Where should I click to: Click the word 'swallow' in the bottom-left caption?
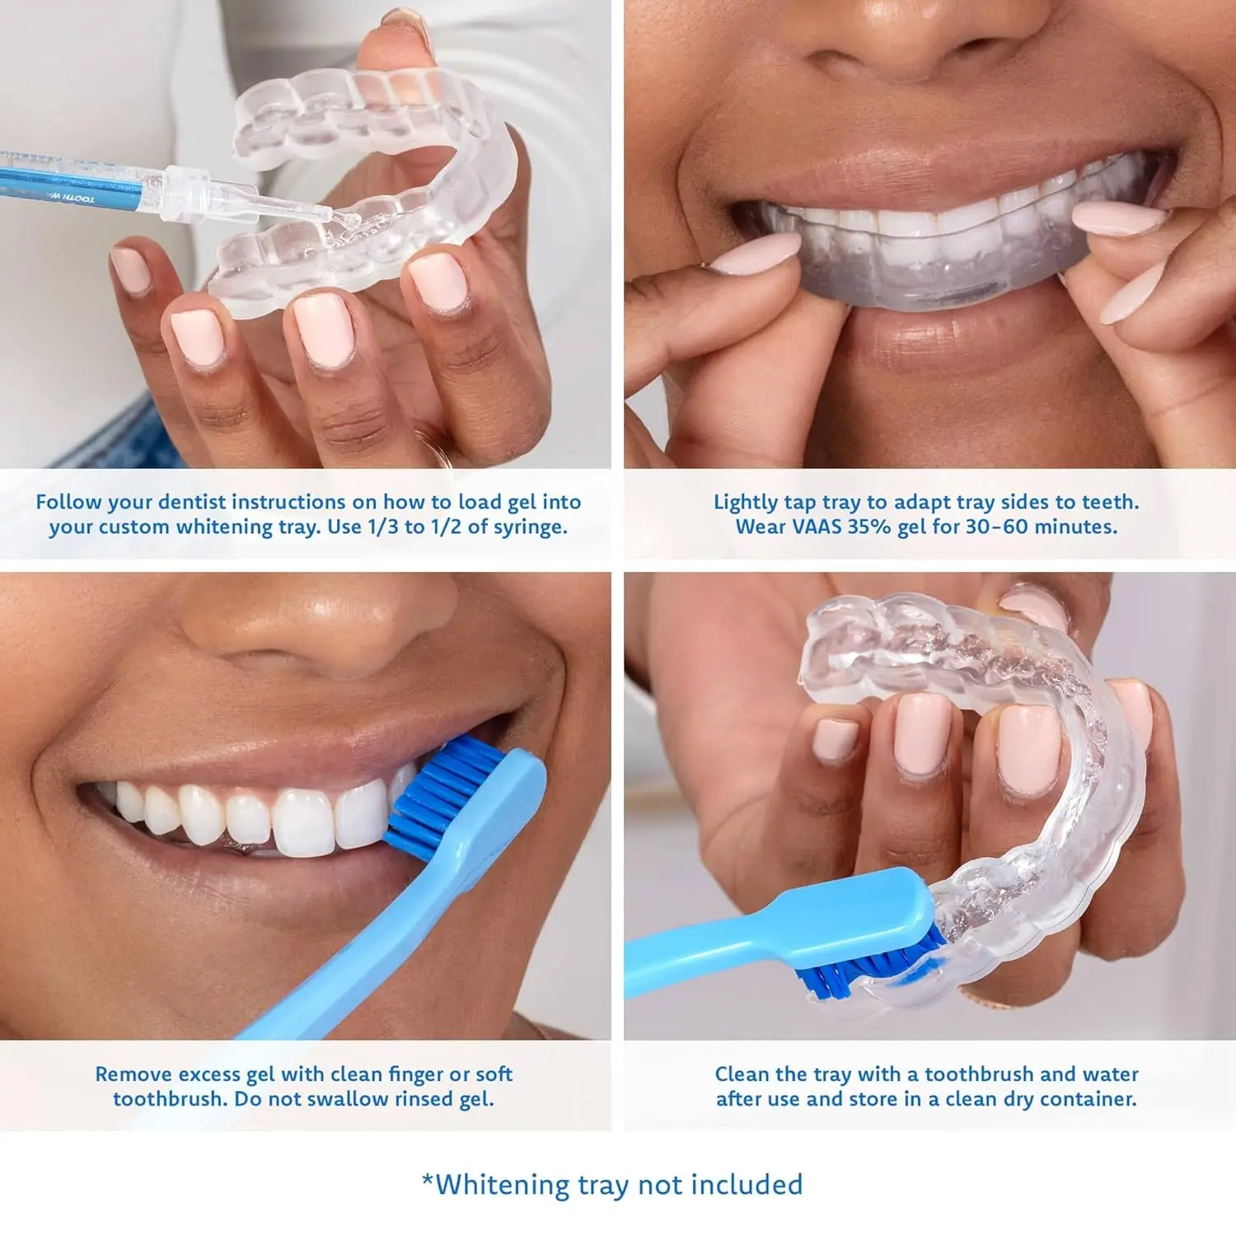point(337,1099)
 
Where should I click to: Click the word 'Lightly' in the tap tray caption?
point(745,503)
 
